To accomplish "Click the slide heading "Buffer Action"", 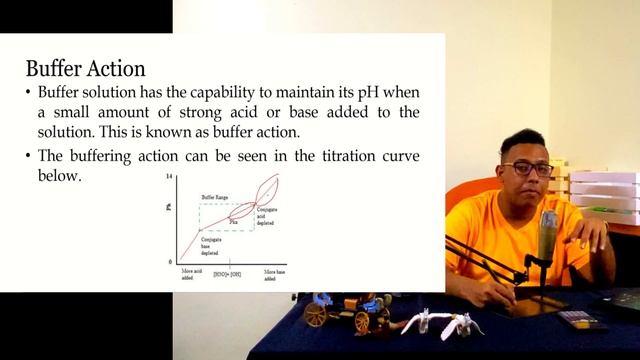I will point(85,69).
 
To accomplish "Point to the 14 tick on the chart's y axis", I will point(170,176).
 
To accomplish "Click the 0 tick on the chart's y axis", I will point(171,261).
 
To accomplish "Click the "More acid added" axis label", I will point(191,274).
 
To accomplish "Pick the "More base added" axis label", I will point(275,274).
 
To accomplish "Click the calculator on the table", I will point(582,319).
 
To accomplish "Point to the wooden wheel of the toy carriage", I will point(316,315).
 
